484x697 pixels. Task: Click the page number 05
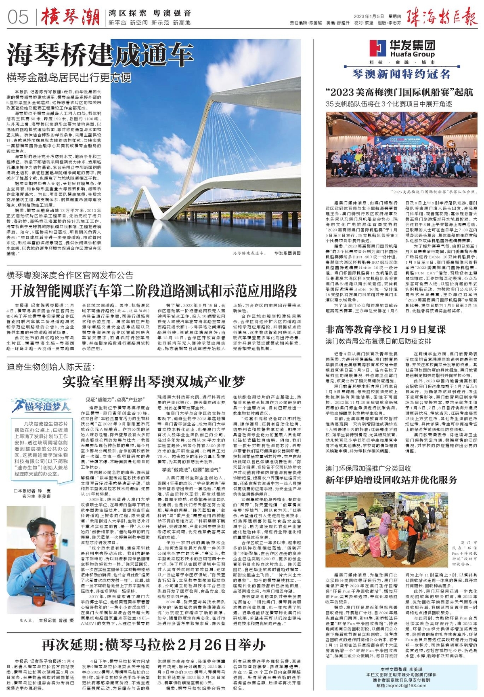[18, 17]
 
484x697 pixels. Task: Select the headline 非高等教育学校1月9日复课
[386, 329]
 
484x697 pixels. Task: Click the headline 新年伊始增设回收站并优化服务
[391, 480]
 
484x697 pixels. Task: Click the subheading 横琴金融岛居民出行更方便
[69, 77]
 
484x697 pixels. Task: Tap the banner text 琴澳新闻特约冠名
[401, 74]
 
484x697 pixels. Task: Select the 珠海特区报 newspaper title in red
[441, 17]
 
